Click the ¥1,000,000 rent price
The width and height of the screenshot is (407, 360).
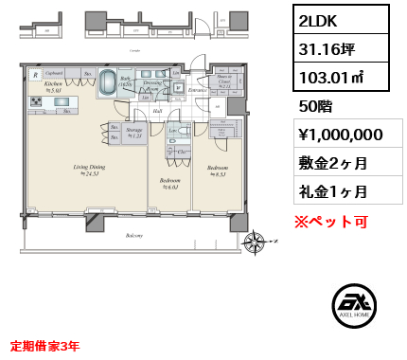pos(341,134)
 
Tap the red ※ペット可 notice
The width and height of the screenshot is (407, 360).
pos(330,222)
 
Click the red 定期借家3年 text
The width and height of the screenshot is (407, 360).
pos(45,346)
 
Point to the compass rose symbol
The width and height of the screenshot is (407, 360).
pos(253,243)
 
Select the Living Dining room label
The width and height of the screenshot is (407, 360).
pos(90,168)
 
